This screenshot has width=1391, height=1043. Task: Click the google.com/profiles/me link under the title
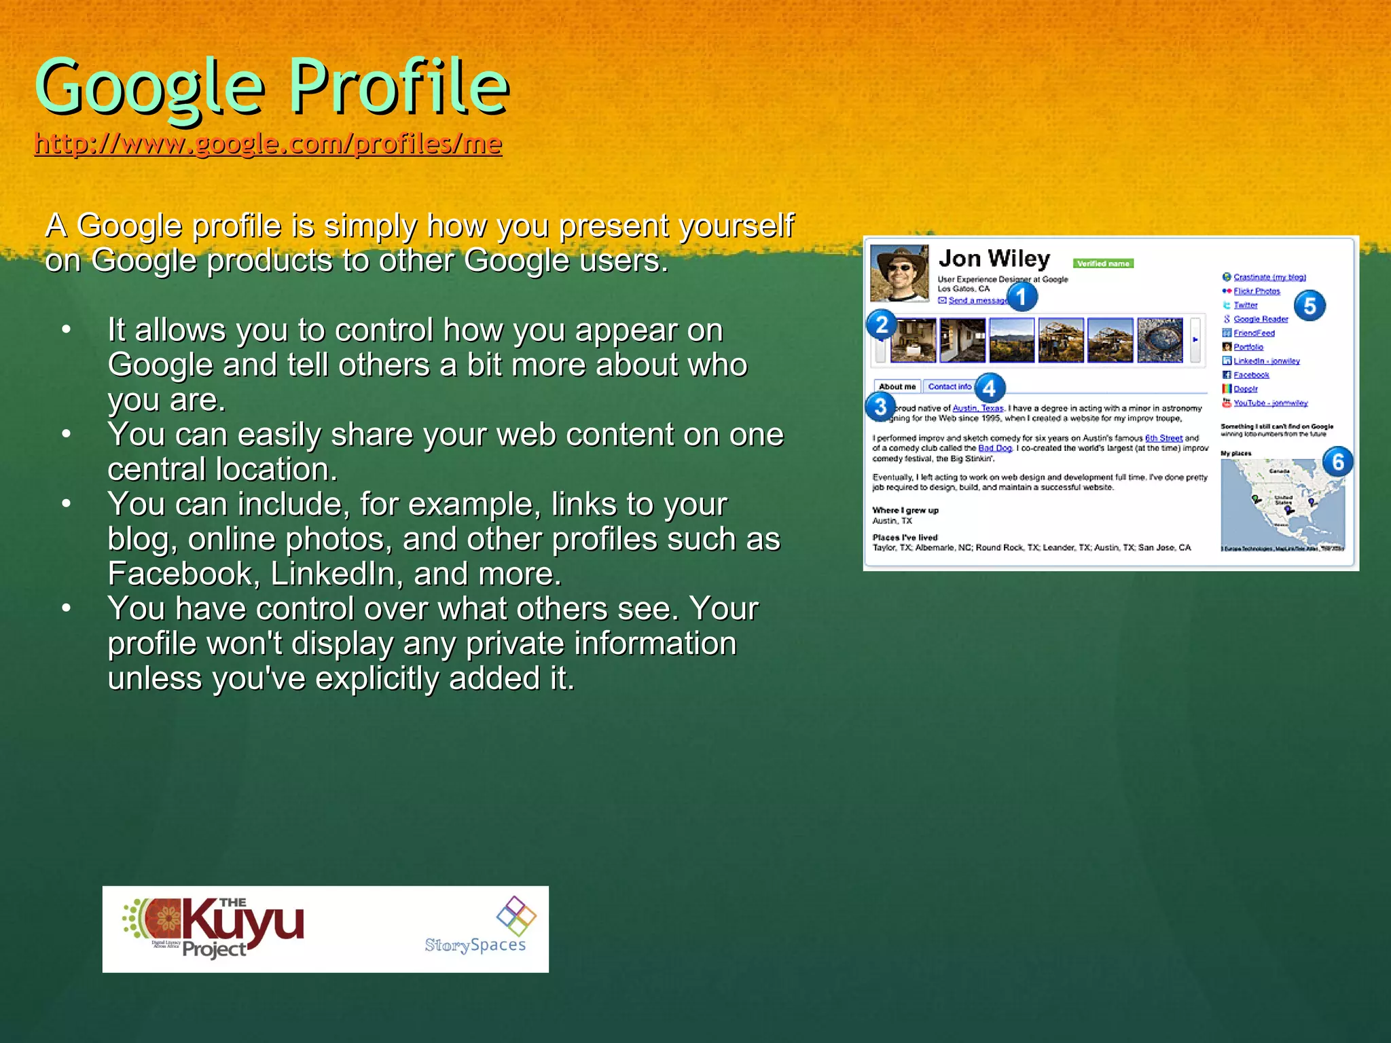pos(268,143)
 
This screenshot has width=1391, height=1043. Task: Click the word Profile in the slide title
pos(399,87)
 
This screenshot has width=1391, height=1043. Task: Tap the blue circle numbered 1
pos(1022,297)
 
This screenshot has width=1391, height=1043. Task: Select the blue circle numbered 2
pos(882,325)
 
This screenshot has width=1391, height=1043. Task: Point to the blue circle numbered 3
pos(880,407)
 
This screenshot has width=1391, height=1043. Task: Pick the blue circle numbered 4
pos(990,388)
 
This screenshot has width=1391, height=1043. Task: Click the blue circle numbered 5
pos(1309,306)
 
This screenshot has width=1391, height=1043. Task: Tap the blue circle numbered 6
pos(1337,462)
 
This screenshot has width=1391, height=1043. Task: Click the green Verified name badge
pos(1103,263)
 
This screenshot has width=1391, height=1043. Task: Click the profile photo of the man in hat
pos(899,273)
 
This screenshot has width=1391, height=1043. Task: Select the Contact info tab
pos(949,386)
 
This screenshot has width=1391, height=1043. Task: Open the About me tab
pos(897,386)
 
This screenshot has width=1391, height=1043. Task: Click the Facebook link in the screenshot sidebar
pos(1250,375)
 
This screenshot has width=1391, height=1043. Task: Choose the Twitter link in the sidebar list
pos(1245,306)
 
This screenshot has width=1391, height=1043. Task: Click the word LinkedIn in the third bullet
pos(332,574)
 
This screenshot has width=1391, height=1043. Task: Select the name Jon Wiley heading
pos(994,259)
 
